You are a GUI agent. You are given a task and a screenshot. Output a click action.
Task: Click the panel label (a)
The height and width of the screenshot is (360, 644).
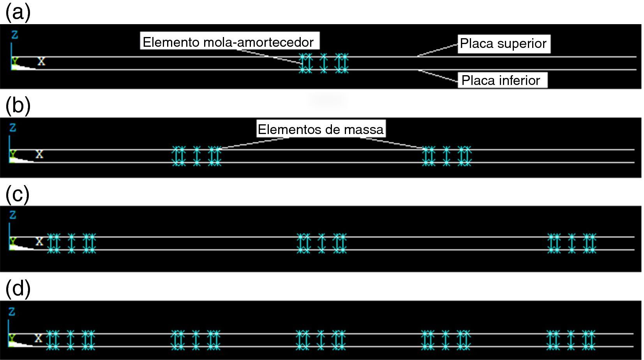tap(18, 12)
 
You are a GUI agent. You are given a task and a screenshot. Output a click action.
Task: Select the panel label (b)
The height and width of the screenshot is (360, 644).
tap(18, 106)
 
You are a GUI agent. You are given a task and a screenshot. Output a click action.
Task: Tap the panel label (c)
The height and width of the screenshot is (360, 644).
tap(18, 194)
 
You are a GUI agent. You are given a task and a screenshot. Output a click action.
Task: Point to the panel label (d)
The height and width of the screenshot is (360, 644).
tap(18, 289)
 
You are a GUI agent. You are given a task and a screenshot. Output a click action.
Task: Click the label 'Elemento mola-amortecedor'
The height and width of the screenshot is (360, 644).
tap(228, 42)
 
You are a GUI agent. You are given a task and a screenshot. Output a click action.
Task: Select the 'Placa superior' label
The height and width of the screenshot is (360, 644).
tap(503, 43)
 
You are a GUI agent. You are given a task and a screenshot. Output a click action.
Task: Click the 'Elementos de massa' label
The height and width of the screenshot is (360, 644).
tap(321, 129)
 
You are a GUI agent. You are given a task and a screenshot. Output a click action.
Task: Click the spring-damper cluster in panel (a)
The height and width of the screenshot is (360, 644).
tap(323, 63)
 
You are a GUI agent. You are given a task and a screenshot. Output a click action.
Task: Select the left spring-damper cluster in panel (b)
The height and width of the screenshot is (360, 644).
tap(197, 156)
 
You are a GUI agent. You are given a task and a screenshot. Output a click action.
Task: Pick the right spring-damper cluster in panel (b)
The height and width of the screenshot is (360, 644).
tap(447, 156)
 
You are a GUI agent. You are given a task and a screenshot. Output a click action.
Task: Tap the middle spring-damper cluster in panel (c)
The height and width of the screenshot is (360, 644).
tap(321, 243)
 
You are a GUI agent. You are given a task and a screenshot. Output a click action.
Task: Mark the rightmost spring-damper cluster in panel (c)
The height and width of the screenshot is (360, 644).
tap(572, 243)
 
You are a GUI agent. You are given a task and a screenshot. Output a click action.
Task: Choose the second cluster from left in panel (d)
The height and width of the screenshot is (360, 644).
tap(196, 340)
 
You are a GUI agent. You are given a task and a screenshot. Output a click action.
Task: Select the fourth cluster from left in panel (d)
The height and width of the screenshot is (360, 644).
tap(446, 340)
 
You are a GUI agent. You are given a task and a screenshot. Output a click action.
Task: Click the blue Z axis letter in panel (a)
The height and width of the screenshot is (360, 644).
tap(14, 35)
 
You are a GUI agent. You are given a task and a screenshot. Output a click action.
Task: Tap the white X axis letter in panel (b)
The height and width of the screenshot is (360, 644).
tap(39, 154)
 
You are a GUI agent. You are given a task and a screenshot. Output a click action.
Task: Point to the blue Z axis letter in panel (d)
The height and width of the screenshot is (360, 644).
tap(12, 312)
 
